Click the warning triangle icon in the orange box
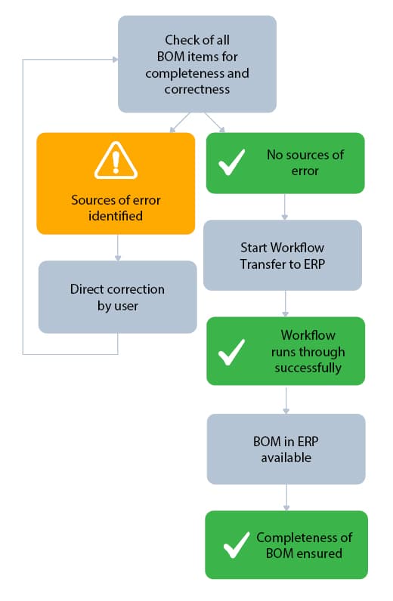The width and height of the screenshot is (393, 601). click(x=116, y=161)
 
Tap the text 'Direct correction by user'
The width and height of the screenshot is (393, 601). click(x=117, y=297)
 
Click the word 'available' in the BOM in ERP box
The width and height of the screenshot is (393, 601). click(x=286, y=457)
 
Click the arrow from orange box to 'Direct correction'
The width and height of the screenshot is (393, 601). click(x=117, y=247)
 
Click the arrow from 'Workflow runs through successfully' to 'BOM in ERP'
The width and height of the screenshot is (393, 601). click(x=286, y=399)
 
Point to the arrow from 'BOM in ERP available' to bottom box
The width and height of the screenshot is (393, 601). click(x=286, y=497)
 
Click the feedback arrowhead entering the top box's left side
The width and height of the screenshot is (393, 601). click(x=113, y=58)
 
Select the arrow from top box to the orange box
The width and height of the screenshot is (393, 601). click(x=178, y=122)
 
